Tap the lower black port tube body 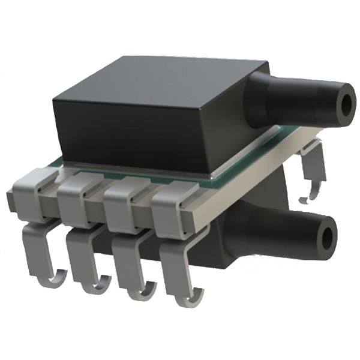coord(282,231)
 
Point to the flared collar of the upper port coord(258,99)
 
